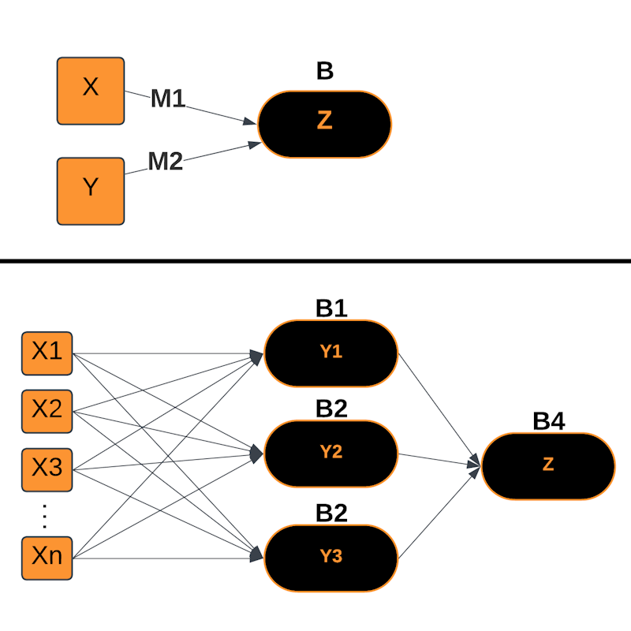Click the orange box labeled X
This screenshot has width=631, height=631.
click(91, 91)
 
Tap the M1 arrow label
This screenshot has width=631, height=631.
click(168, 99)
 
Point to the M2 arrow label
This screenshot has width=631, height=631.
click(166, 162)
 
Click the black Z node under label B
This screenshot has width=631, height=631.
click(325, 124)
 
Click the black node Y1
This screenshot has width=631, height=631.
click(331, 353)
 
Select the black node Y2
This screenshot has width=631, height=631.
click(331, 453)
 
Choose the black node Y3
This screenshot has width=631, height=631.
click(331, 556)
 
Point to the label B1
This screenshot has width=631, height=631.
click(331, 308)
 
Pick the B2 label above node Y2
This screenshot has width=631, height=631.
click(331, 409)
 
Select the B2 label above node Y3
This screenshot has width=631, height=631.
click(331, 513)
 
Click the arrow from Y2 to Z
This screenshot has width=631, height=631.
click(438, 460)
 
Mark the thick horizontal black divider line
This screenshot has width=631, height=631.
click(315, 261)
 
